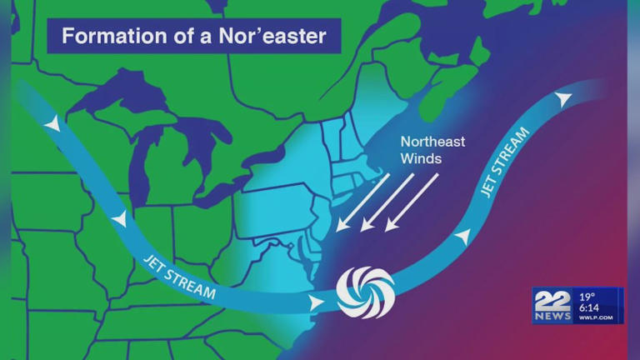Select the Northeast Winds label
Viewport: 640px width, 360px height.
tap(432, 149)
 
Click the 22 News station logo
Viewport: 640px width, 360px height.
tap(553, 306)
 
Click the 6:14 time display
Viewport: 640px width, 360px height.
tap(590, 307)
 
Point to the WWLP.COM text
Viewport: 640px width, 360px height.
tap(596, 317)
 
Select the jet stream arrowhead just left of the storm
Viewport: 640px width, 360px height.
tap(315, 301)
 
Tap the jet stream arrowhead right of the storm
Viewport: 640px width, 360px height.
tap(460, 237)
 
